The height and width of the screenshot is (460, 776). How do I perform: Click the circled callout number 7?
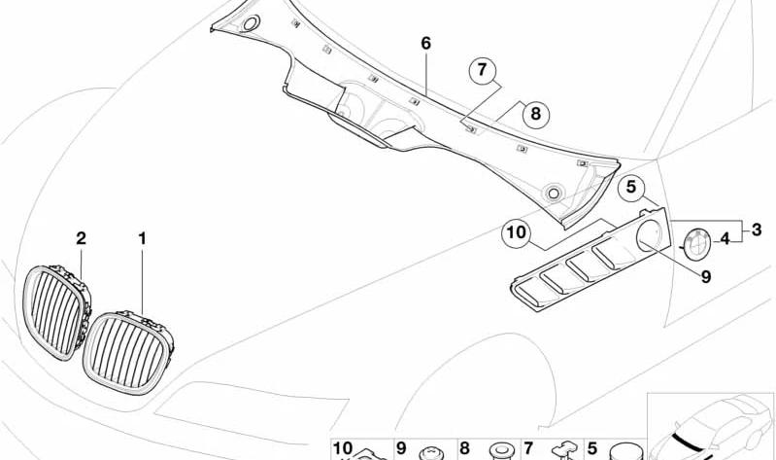click(482, 71)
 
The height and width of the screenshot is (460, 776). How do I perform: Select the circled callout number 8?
click(536, 114)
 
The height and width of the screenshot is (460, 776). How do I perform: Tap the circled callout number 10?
click(516, 232)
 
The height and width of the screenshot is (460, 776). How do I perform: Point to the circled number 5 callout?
click(631, 188)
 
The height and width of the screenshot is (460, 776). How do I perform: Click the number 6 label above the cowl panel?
click(426, 44)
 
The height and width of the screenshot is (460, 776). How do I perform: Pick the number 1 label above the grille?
click(143, 239)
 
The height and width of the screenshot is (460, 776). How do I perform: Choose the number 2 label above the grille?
click(82, 238)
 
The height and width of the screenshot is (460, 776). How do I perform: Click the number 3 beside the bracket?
click(757, 230)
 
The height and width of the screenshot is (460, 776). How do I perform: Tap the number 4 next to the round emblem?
click(725, 239)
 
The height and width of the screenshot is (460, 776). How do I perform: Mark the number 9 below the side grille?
click(706, 277)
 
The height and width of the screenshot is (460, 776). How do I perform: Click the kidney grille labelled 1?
click(128, 352)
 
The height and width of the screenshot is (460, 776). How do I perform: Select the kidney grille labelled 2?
click(57, 312)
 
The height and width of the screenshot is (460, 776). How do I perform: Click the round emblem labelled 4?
click(696, 243)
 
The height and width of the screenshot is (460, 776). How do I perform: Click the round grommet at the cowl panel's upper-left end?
click(251, 22)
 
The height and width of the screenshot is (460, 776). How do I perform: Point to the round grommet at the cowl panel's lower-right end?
click(553, 193)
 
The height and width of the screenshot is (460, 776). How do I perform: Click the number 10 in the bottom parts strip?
click(343, 448)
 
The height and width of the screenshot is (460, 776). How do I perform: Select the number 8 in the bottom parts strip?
click(464, 448)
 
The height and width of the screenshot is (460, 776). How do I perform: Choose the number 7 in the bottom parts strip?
click(528, 448)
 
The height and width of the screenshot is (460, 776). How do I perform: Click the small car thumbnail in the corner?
click(711, 426)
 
